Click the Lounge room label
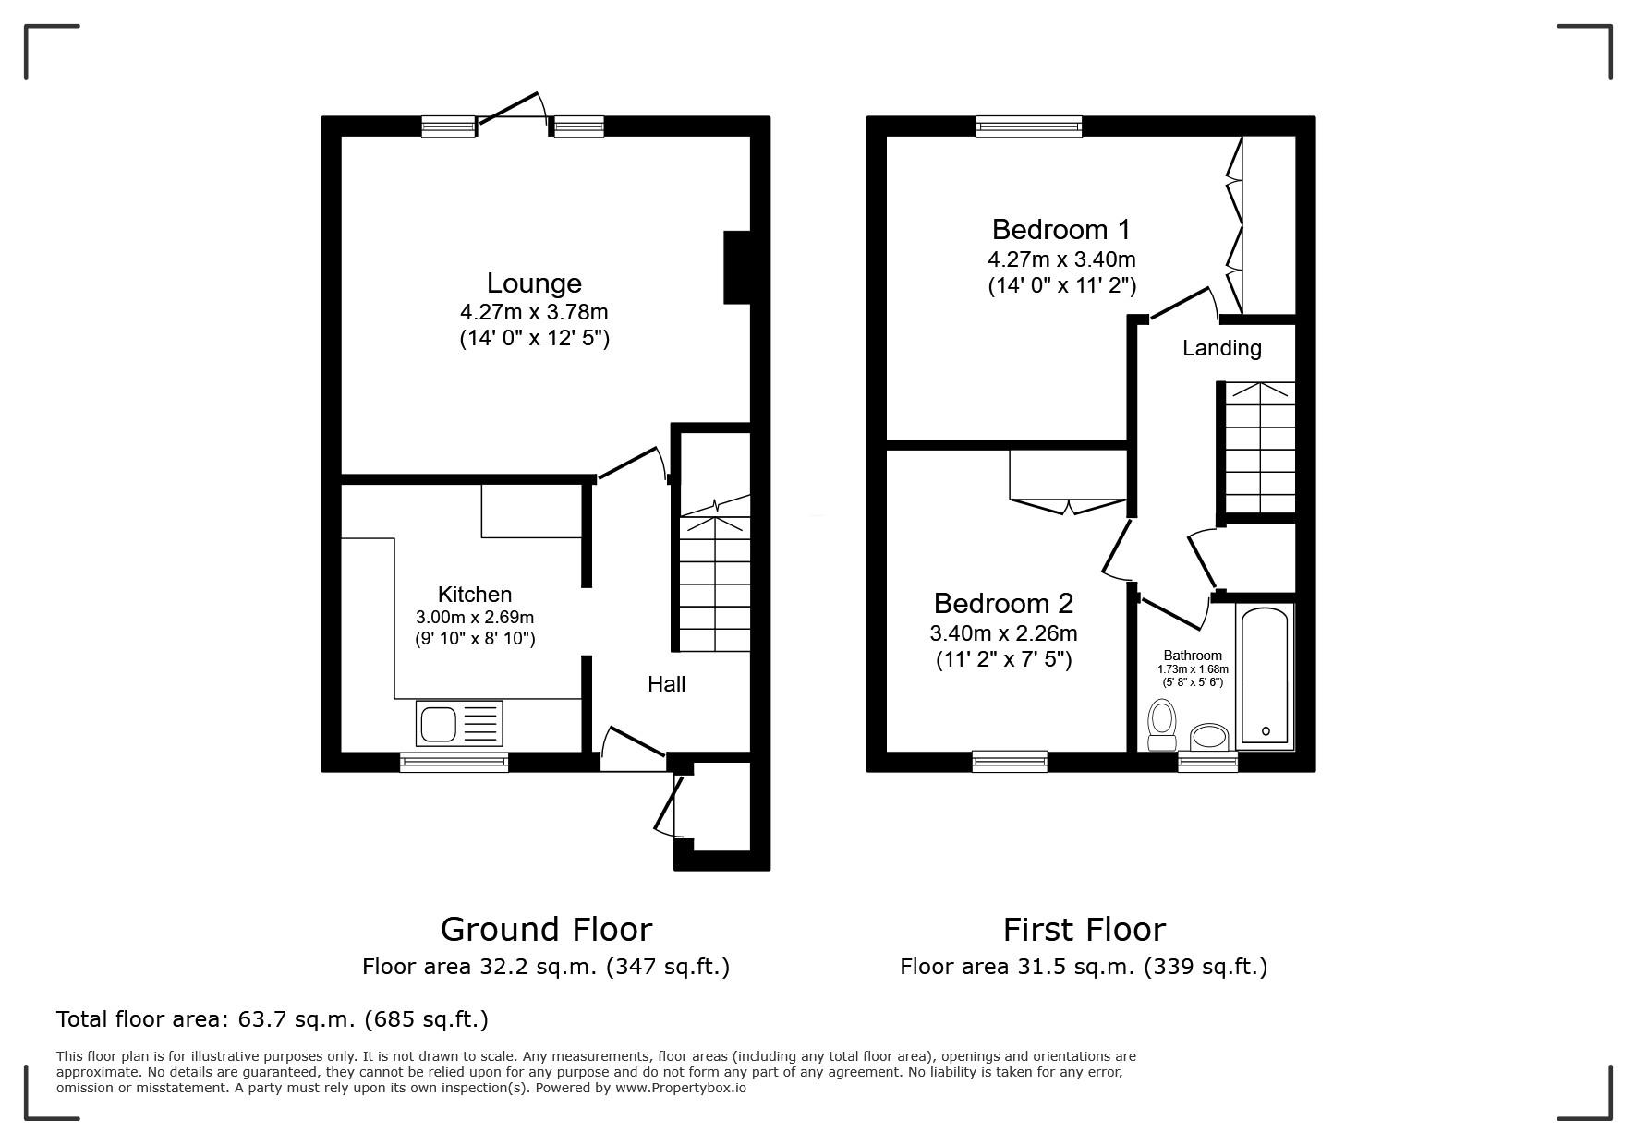pos(534,283)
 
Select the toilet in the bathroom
pos(1162,724)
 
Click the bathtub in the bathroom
pos(1266,677)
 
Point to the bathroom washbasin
pos(1208,737)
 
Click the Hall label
pos(666,684)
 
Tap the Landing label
pos(1221,348)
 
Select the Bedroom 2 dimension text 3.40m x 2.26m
pos(1003,633)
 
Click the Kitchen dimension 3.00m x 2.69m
pos(475,617)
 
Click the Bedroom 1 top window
pos(1029,126)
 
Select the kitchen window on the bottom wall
pos(454,762)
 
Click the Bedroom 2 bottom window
pos(1010,761)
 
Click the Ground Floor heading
pos(546,929)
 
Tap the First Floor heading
pos(1085,929)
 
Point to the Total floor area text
pos(273,1019)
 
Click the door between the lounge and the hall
pos(632,464)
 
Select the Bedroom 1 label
pos(1060,229)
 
